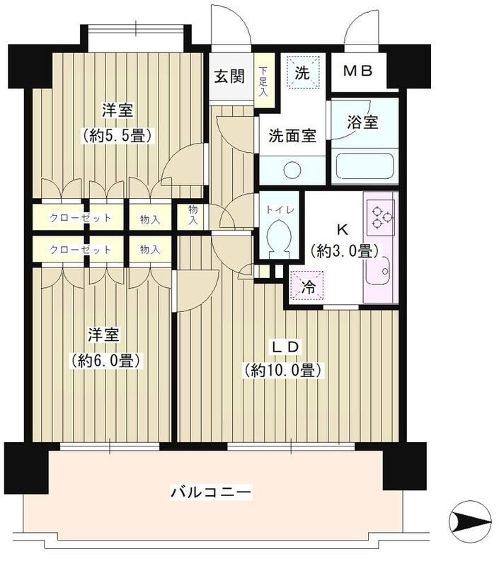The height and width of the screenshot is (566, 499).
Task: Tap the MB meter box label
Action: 360,71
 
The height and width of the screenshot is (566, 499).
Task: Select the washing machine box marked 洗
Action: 303,72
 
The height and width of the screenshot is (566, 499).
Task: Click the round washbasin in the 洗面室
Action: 291,169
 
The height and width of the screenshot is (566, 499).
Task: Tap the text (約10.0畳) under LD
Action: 283,370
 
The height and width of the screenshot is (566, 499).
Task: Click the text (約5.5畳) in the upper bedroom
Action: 117,134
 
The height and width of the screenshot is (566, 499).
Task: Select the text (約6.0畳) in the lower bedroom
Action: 107,361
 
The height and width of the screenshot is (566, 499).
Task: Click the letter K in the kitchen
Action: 341,229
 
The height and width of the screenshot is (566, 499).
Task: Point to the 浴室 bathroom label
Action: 363,122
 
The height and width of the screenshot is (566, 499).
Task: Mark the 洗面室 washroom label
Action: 292,137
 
